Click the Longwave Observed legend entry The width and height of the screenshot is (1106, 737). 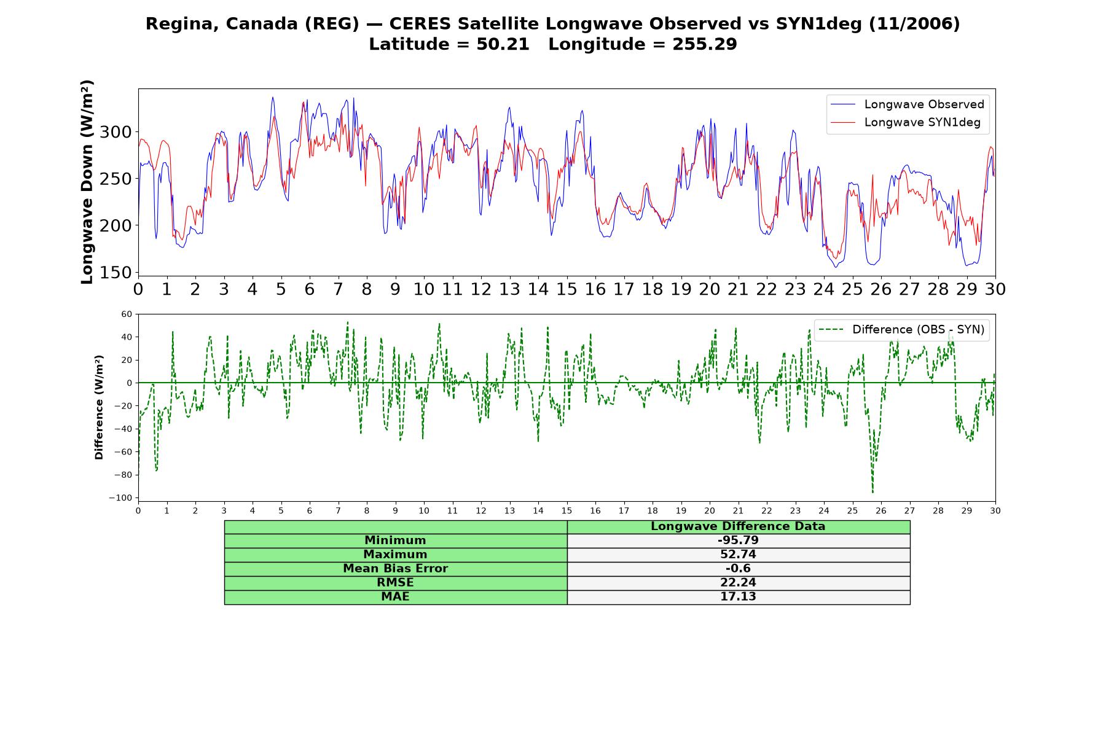click(x=907, y=104)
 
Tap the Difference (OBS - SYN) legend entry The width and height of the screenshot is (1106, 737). click(x=901, y=330)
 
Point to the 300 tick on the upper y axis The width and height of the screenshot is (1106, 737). click(x=116, y=132)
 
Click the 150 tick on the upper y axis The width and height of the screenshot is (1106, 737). click(x=116, y=272)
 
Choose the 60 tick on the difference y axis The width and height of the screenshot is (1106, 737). click(x=127, y=314)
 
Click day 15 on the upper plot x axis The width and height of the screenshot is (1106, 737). click(x=567, y=289)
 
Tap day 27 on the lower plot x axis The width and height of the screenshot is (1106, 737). click(x=909, y=511)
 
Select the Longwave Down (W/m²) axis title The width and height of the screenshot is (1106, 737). click(x=87, y=182)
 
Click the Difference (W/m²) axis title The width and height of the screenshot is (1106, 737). click(x=99, y=407)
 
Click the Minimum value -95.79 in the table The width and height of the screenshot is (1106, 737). click(x=738, y=540)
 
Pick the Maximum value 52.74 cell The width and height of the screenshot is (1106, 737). click(x=738, y=555)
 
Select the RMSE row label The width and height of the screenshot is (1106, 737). click(x=395, y=583)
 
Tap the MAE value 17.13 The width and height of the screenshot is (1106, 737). click(x=738, y=597)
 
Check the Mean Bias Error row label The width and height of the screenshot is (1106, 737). click(x=395, y=569)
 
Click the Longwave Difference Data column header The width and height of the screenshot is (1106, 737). click(x=738, y=526)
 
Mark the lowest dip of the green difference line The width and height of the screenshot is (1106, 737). click(x=873, y=492)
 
